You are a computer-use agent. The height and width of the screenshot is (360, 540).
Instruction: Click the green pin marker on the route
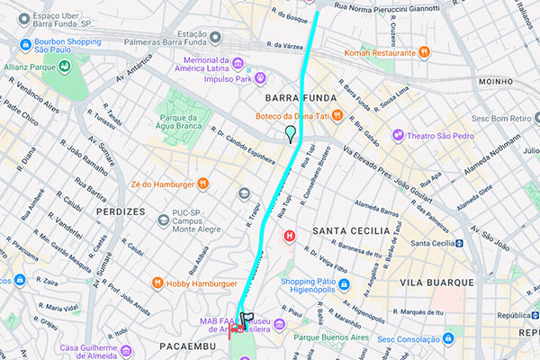[289, 134]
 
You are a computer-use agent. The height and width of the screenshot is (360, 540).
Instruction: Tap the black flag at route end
[247, 319]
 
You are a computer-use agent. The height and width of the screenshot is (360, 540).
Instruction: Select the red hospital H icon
[290, 237]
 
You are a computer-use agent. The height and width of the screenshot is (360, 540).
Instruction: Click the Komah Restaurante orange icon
[423, 52]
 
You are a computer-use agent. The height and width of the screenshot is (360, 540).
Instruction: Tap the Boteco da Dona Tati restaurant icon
[336, 114]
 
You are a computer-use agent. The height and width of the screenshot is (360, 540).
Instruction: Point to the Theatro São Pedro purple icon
[398, 136]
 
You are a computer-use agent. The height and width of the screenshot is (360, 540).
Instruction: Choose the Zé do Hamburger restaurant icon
[203, 184]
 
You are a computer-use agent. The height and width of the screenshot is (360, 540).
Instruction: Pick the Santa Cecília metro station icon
[458, 243]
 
